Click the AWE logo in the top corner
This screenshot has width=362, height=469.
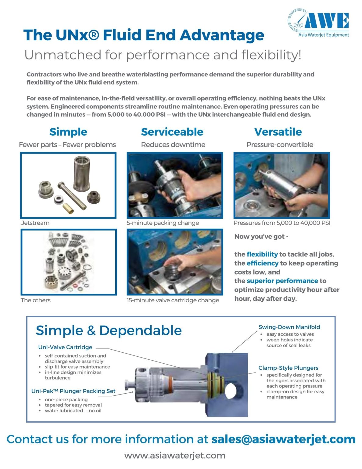[318, 23]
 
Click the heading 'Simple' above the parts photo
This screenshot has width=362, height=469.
[68, 132]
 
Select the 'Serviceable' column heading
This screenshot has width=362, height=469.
[172, 132]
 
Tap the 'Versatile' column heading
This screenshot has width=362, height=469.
[278, 132]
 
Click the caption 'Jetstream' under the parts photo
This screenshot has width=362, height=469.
[35, 223]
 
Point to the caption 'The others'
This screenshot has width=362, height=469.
[36, 300]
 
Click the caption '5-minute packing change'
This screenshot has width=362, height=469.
[163, 223]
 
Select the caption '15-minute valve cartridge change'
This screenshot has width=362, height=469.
[173, 300]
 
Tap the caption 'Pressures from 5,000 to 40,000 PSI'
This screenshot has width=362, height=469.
[282, 223]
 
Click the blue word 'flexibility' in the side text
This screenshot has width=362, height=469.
[262, 254]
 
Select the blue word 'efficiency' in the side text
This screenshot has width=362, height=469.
[262, 263]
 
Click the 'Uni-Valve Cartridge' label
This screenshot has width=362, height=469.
[65, 347]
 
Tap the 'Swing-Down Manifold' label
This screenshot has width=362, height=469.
[289, 327]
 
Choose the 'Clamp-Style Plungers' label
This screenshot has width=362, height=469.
[288, 368]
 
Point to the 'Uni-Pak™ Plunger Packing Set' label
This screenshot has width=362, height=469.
[73, 391]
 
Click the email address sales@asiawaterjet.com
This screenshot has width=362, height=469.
[283, 439]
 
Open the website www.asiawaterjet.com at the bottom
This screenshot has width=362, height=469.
[175, 456]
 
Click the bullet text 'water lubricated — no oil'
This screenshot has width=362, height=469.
[73, 411]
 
